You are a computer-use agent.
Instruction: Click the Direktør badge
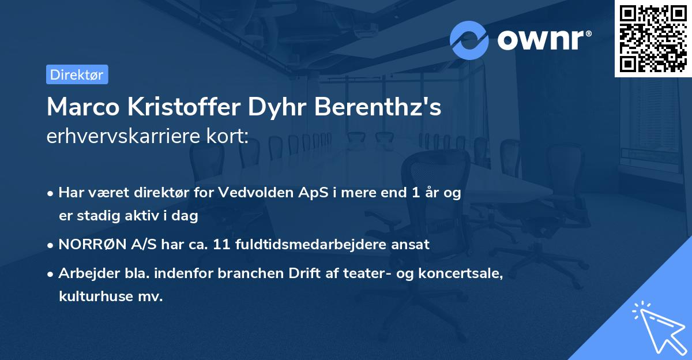coord(77,74)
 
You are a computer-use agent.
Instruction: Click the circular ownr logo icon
coord(469,40)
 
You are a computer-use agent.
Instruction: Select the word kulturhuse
coord(101,297)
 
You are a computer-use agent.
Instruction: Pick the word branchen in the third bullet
coord(245,274)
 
